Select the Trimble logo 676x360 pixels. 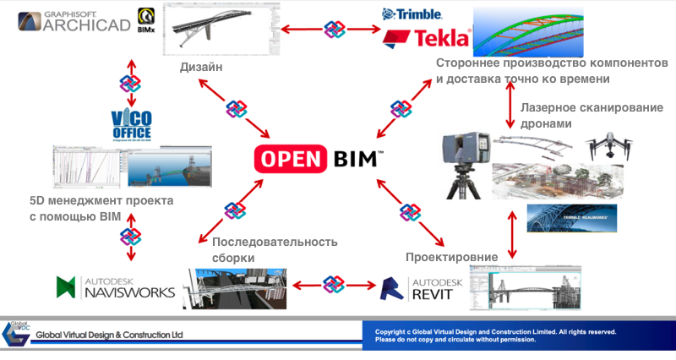pos(413,14)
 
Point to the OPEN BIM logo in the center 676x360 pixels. pos(320,159)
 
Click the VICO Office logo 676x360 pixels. pos(130,125)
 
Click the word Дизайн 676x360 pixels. pos(201,68)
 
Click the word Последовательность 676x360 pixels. pos(275,242)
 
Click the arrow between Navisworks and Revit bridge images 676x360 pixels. pos(334,284)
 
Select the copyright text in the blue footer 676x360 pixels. pos(495,335)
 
